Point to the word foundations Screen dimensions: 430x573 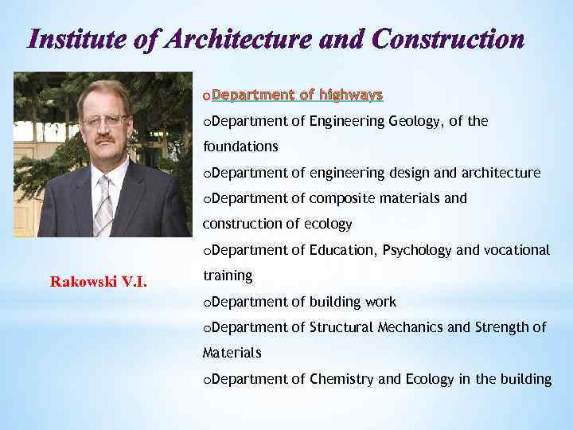240,147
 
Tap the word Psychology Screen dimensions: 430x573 417,250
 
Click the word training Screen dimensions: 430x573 228,276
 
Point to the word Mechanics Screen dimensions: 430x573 401,326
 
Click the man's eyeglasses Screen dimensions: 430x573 105,121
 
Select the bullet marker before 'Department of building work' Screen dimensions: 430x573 207,303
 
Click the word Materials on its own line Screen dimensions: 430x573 232,353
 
